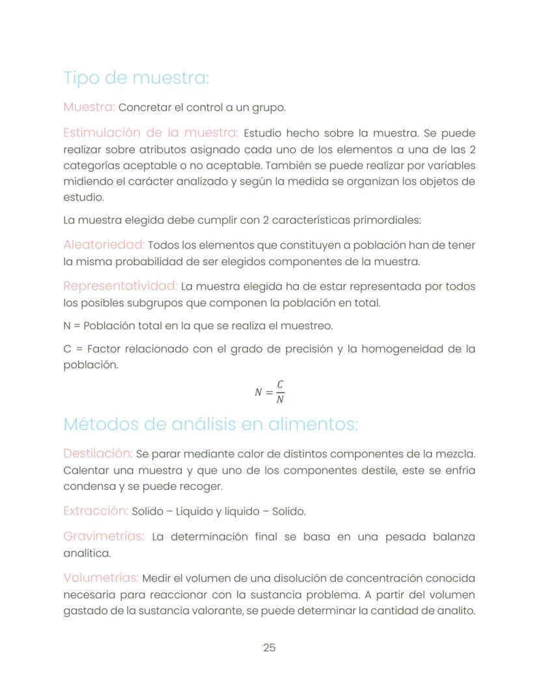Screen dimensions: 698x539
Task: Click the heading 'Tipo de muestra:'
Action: [136, 78]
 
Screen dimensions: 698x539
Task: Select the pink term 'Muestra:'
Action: [89, 107]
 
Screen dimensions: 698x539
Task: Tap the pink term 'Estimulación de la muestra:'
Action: [151, 133]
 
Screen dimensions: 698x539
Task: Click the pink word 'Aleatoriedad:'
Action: [104, 245]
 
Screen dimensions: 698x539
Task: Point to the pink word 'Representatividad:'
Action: [120, 286]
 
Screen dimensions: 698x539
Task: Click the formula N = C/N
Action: [269, 392]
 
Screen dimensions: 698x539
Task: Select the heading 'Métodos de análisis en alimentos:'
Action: [210, 424]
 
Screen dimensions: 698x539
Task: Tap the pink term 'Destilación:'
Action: [98, 453]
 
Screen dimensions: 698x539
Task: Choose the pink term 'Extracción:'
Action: [95, 511]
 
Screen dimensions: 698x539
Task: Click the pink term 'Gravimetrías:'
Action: [104, 536]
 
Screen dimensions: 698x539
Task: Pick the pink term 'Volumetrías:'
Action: [101, 578]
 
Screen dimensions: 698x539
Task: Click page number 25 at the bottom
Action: [269, 648]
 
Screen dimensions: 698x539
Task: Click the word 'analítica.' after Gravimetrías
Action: [87, 553]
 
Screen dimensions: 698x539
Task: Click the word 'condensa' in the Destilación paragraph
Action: [85, 486]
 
